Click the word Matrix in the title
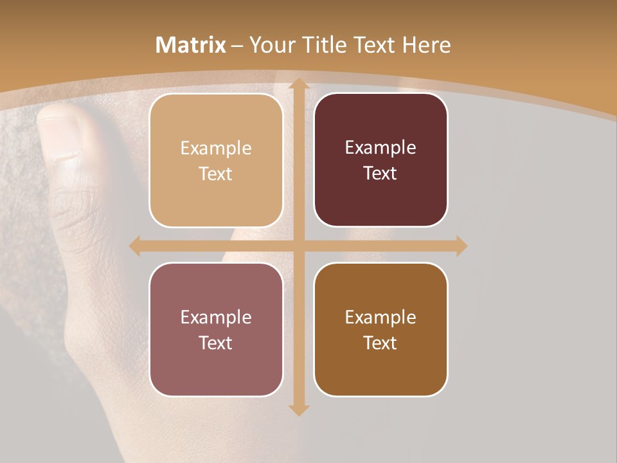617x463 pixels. [x=191, y=45]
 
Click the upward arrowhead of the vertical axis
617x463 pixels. [x=298, y=84]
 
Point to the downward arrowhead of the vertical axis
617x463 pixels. [x=298, y=410]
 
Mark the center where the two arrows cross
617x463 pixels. [x=298, y=246]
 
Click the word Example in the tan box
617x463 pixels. [x=216, y=149]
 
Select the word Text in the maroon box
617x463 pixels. [x=380, y=173]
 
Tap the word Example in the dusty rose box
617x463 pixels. [x=216, y=317]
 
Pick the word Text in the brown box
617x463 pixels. [x=380, y=343]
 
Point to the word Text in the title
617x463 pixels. [x=375, y=45]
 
